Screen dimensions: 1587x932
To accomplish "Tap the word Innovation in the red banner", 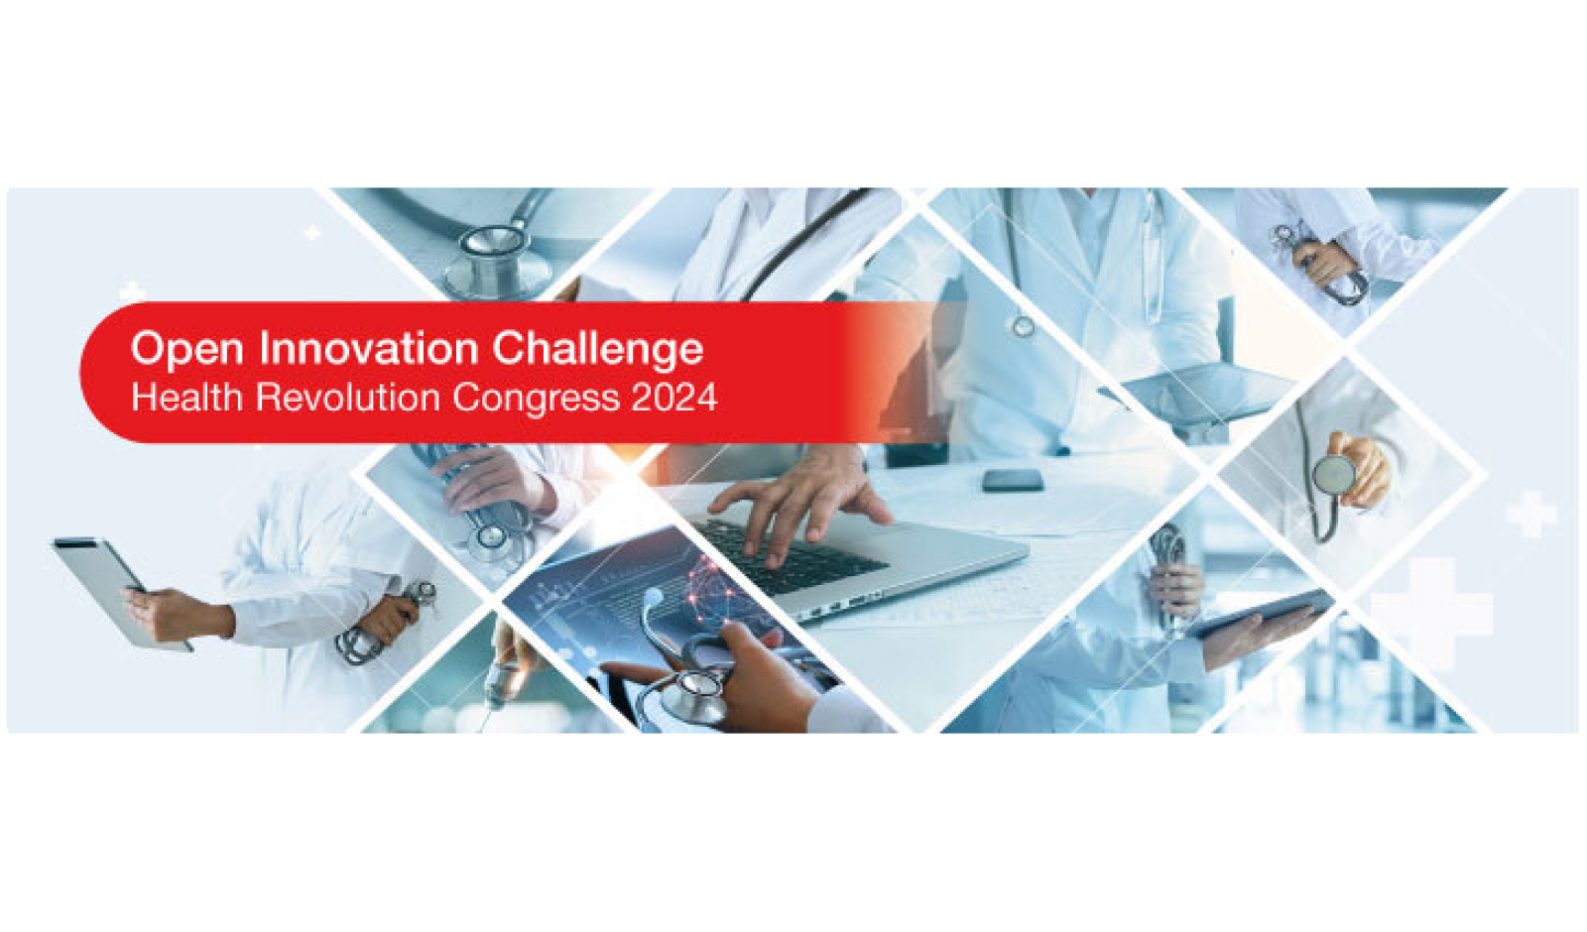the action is tap(368, 348).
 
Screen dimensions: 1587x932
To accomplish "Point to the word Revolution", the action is tap(348, 398).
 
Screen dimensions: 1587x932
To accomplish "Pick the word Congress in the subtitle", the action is tap(537, 399).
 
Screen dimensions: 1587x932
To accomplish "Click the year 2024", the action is tap(674, 398).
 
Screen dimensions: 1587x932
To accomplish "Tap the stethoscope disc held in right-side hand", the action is tap(1335, 473).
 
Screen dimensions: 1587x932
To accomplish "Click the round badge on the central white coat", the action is tap(1023, 326).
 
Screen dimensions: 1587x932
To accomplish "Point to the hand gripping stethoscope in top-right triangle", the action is tap(1323, 262).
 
